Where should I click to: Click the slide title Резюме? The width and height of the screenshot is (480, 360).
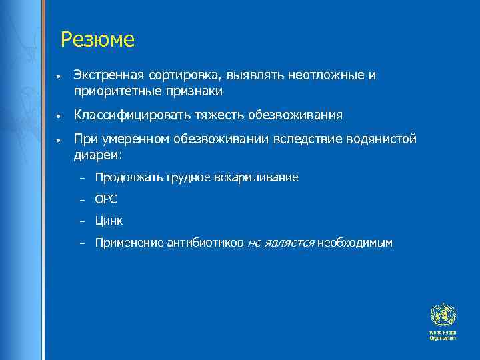pos(97,41)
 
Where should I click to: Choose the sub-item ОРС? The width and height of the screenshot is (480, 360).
pos(106,199)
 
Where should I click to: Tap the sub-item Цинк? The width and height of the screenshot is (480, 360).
pos(109,221)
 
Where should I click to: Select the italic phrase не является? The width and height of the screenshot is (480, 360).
pos(280,243)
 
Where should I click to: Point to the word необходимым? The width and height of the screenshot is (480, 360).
pos(355,243)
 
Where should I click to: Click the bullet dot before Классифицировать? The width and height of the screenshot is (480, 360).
pos(60,116)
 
